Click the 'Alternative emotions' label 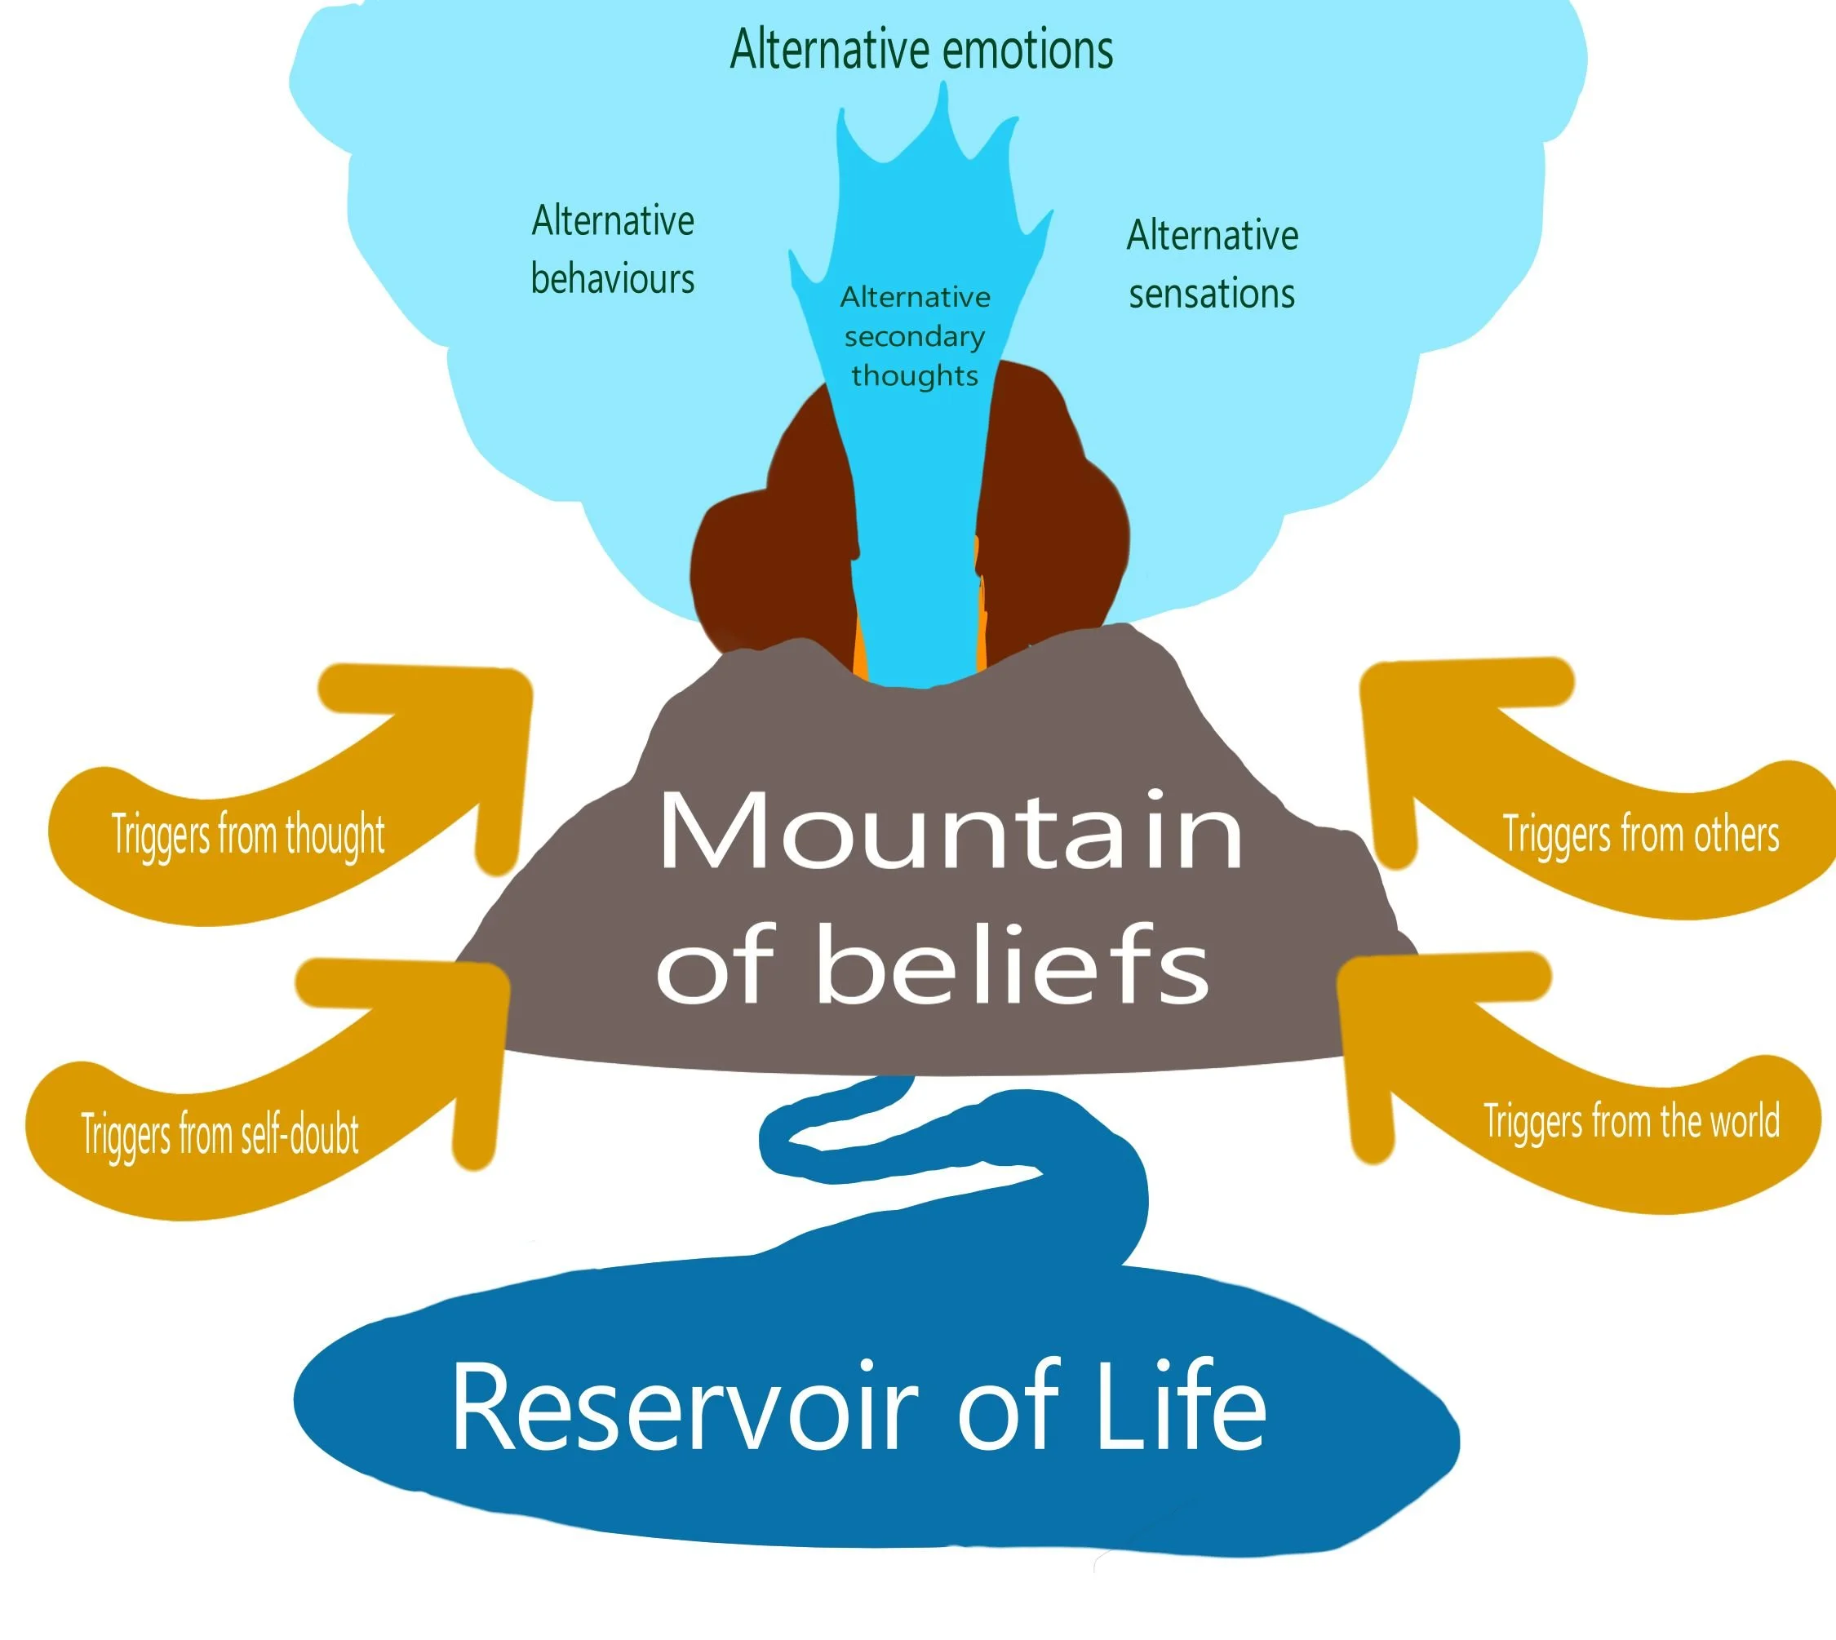click(920, 50)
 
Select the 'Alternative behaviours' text click(612, 250)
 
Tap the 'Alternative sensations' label click(1212, 264)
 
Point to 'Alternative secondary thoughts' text click(914, 336)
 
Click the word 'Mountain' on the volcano click(950, 831)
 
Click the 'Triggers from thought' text click(248, 835)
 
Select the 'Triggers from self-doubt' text click(220, 1133)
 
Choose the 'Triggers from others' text click(1640, 834)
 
